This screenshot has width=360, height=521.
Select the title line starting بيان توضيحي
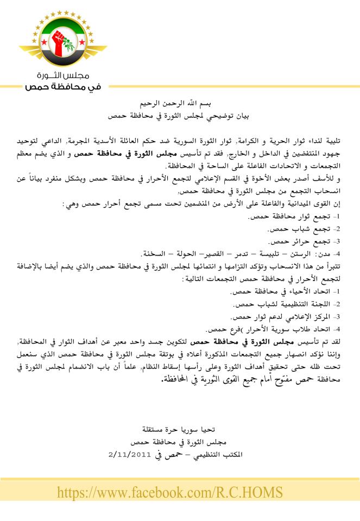[x=180, y=116]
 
